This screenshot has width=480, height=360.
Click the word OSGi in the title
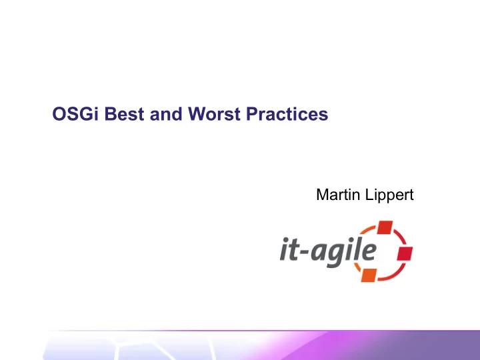[x=75, y=113]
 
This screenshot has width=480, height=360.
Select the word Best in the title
[x=124, y=113]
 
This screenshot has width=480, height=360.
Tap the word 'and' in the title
[x=166, y=113]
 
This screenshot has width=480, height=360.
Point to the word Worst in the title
[x=214, y=113]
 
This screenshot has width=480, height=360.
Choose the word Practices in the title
[x=287, y=113]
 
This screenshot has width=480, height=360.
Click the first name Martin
[x=338, y=195]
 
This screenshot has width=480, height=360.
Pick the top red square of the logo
[x=385, y=227]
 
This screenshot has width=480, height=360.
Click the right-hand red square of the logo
[x=405, y=253]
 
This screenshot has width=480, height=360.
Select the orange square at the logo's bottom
[x=369, y=275]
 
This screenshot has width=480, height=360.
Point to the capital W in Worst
[x=199, y=113]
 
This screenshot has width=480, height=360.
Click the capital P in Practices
[x=253, y=113]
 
